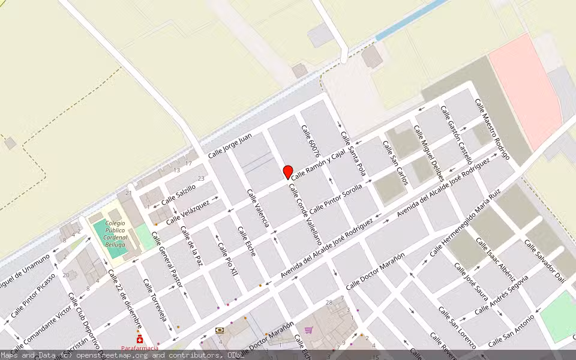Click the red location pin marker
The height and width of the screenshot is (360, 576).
[x=288, y=172]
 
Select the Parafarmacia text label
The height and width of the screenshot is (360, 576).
[x=139, y=348]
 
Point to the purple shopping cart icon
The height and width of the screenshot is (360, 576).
[x=308, y=329]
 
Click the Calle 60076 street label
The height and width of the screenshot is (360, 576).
[x=311, y=142]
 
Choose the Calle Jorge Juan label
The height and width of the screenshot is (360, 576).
[x=229, y=146]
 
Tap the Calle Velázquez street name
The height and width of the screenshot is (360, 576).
[x=188, y=212]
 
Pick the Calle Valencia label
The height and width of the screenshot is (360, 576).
[x=258, y=208]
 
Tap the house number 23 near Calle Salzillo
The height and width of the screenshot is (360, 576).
[x=201, y=178]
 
